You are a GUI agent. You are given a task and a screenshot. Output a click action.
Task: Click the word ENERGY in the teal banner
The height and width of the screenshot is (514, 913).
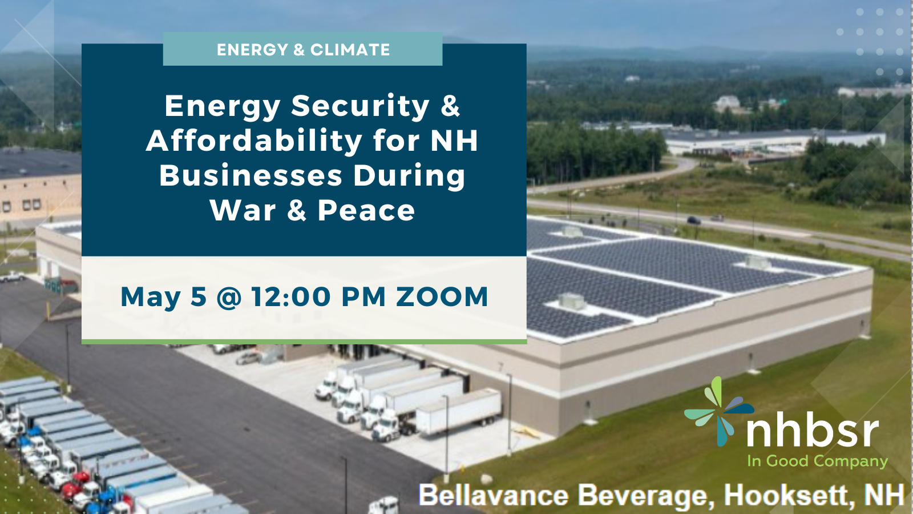click(x=252, y=50)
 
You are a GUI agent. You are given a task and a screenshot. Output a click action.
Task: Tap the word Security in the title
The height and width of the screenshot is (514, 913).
click(x=360, y=106)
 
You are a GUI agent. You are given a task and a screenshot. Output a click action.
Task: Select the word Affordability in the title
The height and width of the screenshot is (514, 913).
click(x=254, y=140)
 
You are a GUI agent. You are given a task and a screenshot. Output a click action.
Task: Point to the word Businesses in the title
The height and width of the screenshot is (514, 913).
click(x=251, y=175)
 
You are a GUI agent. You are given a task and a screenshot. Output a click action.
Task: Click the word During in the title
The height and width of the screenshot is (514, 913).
click(x=409, y=176)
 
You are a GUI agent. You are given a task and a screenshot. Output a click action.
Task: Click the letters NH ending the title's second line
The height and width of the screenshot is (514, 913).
click(x=454, y=140)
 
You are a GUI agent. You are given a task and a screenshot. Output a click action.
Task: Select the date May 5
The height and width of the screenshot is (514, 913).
click(x=164, y=297)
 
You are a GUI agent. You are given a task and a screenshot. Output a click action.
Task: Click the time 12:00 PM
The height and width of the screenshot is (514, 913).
click(x=319, y=297)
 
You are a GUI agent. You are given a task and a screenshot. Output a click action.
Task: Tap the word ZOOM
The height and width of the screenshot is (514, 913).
click(x=442, y=297)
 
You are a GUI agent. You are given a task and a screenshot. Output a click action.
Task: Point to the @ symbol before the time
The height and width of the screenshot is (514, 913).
click(x=229, y=298)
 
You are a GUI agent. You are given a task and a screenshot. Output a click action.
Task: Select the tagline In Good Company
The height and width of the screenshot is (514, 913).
click(x=817, y=461)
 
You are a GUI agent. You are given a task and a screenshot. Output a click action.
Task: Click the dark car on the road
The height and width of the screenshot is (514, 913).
click(x=694, y=220)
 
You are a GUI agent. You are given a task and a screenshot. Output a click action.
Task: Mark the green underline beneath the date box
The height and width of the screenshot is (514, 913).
click(x=304, y=342)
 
